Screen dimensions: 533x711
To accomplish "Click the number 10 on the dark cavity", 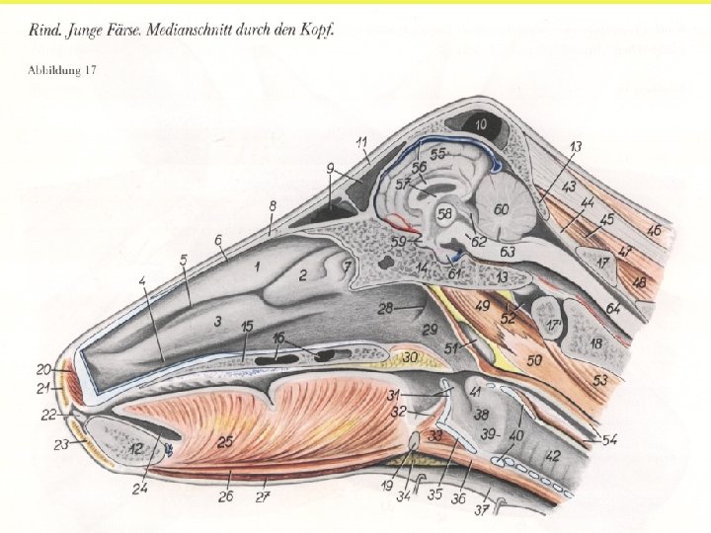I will (480, 125).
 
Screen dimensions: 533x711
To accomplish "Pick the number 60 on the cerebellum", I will (502, 209).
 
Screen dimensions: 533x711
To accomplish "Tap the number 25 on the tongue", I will (225, 443).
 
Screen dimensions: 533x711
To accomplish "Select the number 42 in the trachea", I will (553, 455).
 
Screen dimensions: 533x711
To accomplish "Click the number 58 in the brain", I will (445, 213).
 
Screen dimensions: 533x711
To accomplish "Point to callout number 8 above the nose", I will (273, 204).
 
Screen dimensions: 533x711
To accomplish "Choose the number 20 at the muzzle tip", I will (44, 369).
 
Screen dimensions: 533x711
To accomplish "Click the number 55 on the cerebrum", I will (437, 155).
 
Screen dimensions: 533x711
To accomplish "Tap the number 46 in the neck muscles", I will (654, 230).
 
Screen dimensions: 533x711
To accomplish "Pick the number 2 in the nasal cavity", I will (304, 273).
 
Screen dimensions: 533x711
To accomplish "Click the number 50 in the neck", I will (534, 362).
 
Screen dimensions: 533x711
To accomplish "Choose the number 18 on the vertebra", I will (596, 343).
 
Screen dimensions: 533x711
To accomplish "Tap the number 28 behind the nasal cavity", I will (385, 308).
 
